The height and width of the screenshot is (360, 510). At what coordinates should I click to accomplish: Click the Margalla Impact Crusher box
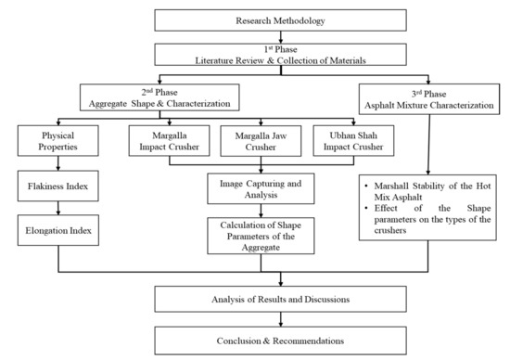point(163,140)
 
